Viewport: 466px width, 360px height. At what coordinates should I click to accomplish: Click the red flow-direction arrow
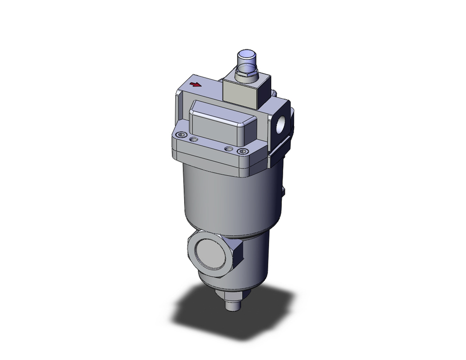click(x=196, y=85)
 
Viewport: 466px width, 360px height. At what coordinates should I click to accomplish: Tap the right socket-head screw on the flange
click(x=241, y=151)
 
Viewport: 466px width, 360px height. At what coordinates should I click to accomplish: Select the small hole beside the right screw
click(x=228, y=148)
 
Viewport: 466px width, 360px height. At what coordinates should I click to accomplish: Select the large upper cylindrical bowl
click(x=228, y=196)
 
